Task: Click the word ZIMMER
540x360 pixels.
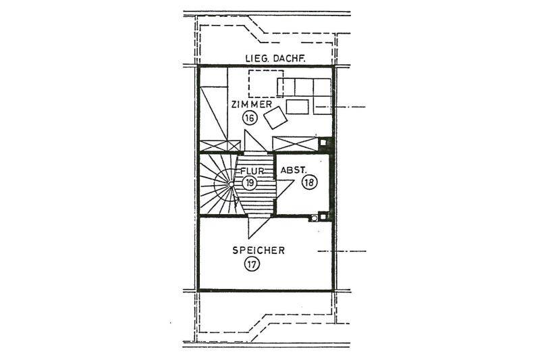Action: click(251, 105)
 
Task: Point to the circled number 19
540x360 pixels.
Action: click(250, 183)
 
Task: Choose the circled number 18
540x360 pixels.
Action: click(310, 183)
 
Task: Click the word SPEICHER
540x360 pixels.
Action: click(259, 250)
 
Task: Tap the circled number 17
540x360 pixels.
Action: click(252, 264)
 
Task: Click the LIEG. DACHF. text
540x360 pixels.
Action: click(270, 59)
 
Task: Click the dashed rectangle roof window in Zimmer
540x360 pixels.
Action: click(263, 84)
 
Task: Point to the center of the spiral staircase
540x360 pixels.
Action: click(231, 183)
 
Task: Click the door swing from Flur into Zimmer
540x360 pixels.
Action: click(255, 143)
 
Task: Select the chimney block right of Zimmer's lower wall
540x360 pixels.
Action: click(325, 143)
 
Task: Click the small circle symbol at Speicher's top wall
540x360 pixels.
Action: click(314, 217)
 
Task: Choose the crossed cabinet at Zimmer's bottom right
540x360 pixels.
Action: click(294, 144)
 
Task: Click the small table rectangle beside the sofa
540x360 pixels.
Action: click(297, 106)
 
